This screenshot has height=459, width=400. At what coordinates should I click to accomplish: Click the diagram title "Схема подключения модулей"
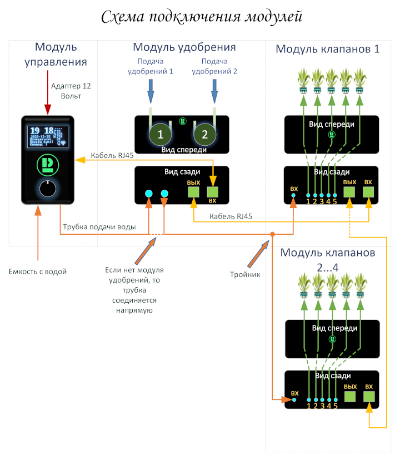(x=202, y=17)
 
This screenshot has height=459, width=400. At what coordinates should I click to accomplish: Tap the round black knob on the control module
(x=48, y=189)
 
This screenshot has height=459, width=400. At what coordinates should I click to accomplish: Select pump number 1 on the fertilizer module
(x=161, y=134)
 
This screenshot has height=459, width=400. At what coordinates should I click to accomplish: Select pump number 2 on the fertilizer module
(x=204, y=134)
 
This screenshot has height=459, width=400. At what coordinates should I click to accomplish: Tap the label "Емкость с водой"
(x=38, y=272)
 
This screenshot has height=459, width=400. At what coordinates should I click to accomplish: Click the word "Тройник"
(x=246, y=274)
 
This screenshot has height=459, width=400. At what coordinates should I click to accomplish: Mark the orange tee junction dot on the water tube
(x=272, y=234)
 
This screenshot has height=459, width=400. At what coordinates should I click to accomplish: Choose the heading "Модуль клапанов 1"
(x=328, y=49)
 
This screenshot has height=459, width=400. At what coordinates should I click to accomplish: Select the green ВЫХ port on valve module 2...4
(x=350, y=397)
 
